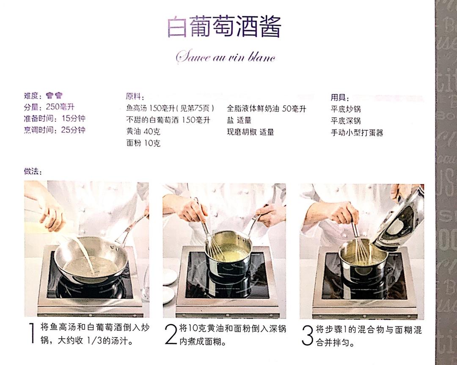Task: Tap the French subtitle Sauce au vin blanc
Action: (226, 57)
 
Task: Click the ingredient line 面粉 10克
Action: (143, 143)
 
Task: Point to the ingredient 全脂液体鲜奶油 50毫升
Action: (266, 109)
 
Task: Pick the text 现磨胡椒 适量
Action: (250, 132)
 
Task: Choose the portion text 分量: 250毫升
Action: (49, 107)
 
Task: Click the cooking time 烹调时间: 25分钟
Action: (55, 130)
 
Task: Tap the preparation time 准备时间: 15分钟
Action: (55, 118)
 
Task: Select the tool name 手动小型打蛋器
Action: (357, 132)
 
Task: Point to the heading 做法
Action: (33, 171)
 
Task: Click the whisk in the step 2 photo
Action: (212, 245)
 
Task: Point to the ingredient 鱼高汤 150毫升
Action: (172, 108)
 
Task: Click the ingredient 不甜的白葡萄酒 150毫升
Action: (168, 120)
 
